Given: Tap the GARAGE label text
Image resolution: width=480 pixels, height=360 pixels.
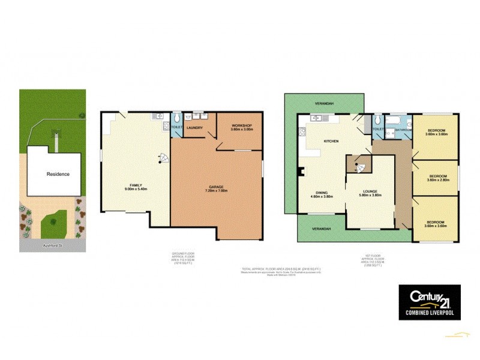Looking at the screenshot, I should tap(216, 188).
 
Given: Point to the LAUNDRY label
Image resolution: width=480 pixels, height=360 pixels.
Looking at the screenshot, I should tap(194, 128).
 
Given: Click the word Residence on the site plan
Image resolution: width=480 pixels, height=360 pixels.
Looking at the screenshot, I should tap(58, 174).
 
